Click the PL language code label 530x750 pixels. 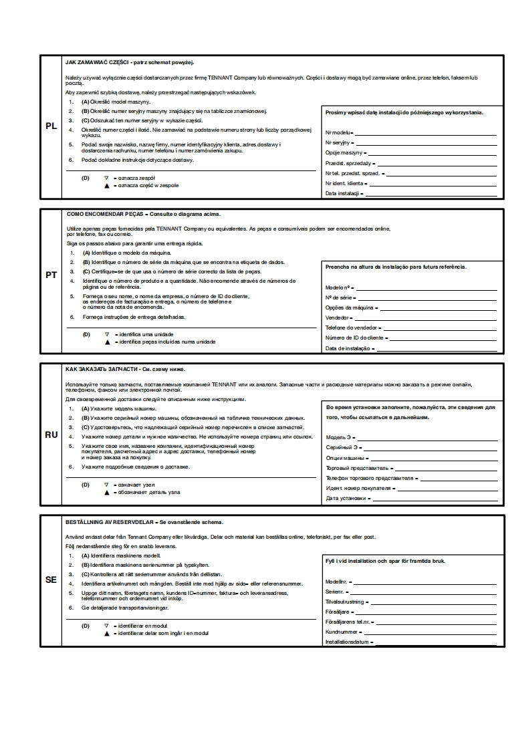click(x=51, y=126)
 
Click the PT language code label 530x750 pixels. click(x=51, y=275)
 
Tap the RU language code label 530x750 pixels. click(x=51, y=434)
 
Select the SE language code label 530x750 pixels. click(x=51, y=580)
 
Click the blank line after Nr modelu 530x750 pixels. click(x=424, y=134)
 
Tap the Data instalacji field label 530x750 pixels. click(x=342, y=193)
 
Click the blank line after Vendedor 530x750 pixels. click(x=424, y=318)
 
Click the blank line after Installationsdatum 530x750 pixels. click(x=435, y=643)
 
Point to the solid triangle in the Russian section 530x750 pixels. click(x=106, y=492)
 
